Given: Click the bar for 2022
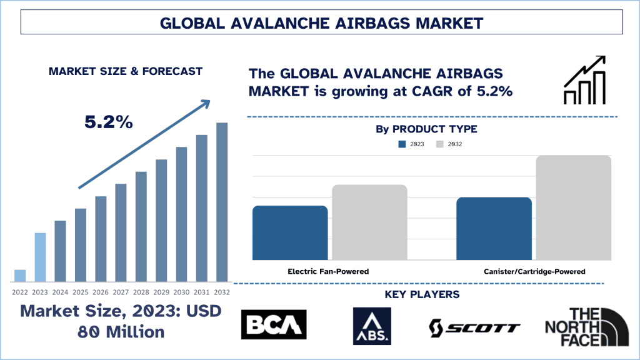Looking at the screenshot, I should coord(20,275).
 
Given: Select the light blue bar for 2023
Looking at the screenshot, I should coord(40,257).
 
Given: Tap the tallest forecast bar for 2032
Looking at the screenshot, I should coord(222,201).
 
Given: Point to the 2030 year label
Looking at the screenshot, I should coord(181,292).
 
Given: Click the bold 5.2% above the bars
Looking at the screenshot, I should coord(109,122).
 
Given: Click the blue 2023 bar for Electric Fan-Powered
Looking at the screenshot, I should coord(290,232).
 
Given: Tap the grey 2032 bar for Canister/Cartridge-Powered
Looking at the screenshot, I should coord(573,207).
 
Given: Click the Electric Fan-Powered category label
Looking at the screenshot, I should coord(328,271).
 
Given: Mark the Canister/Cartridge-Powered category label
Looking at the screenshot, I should coord(534,271).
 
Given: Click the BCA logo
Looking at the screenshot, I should coord(274,325).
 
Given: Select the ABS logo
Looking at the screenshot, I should coord(372,326).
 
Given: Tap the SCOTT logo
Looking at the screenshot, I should coord(474,327).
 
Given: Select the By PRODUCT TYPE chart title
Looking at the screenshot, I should coord(426,129).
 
